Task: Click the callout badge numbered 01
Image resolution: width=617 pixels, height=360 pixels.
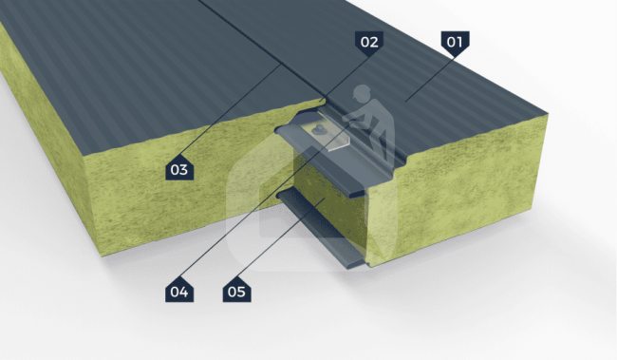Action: coord(455,42)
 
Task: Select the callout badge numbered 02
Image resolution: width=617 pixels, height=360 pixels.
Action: coord(369,42)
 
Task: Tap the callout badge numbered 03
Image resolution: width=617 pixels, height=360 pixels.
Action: coord(179,168)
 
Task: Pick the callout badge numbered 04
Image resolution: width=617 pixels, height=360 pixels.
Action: coord(179,291)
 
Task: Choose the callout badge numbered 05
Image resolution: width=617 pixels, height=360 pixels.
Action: coord(237,291)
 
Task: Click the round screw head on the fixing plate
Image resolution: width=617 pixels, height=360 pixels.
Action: coord(317,128)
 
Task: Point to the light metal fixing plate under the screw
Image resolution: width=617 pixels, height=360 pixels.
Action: coord(327,133)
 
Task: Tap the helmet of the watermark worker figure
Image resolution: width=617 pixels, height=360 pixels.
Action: coord(362,92)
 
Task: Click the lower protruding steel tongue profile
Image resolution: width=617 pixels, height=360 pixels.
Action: coord(321,229)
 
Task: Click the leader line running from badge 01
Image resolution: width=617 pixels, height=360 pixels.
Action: coord(431,79)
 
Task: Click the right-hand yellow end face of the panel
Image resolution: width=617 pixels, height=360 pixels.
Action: coord(457,185)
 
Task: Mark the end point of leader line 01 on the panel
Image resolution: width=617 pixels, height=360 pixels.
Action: coord(405,102)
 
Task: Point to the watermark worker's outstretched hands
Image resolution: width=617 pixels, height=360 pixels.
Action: coord(349,121)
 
